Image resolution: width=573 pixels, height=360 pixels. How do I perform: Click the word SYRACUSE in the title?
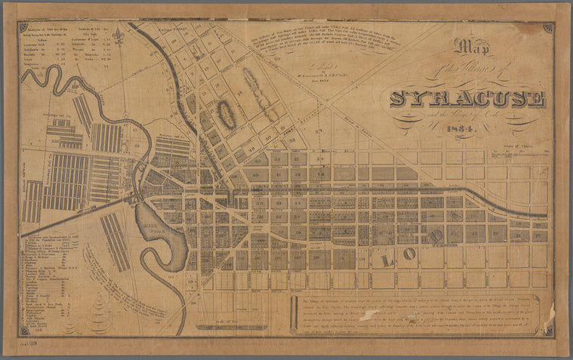coord(467,99)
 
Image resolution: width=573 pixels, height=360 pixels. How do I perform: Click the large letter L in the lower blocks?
coord(387,260)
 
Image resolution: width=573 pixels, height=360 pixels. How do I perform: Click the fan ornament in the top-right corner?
coord(547,28)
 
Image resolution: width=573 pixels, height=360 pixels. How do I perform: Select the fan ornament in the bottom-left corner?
coord(23,330)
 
